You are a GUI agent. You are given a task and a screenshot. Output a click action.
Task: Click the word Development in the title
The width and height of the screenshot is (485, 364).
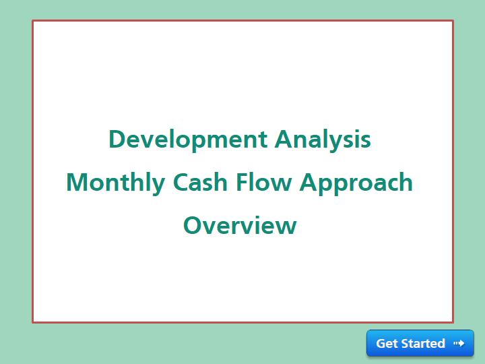(188, 140)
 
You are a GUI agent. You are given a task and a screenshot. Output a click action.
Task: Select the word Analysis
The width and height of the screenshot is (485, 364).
(323, 141)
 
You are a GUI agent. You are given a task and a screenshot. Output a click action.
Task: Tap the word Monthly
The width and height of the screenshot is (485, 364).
(116, 183)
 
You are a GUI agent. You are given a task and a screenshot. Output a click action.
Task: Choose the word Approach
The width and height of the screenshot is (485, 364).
(356, 183)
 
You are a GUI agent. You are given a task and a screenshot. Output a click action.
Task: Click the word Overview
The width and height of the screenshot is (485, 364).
(240, 225)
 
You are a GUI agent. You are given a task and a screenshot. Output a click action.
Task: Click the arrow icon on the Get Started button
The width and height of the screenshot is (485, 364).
(459, 343)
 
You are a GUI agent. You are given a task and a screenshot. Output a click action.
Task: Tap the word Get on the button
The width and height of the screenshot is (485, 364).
(387, 343)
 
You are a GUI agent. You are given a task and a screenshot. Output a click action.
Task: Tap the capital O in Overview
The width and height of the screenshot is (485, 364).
(193, 225)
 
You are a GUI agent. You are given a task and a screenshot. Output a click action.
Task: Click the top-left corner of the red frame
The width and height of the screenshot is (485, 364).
(32, 20)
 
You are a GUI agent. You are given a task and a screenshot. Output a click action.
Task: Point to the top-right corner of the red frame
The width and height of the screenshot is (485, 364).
(453, 20)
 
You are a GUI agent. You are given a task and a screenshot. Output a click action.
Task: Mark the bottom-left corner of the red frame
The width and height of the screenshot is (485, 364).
(32, 322)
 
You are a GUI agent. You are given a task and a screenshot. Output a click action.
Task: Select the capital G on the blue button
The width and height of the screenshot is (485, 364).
(381, 343)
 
